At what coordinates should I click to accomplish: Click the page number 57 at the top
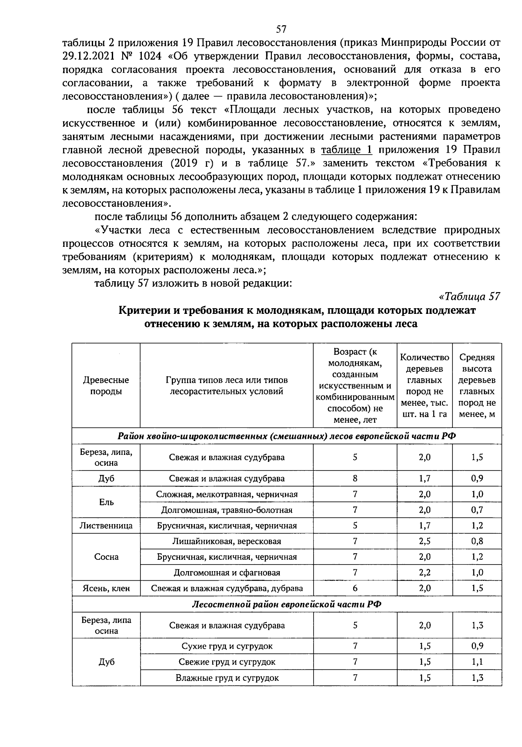click(x=281, y=29)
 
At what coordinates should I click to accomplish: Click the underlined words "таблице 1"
click(x=347, y=150)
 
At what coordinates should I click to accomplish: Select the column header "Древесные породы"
click(x=106, y=386)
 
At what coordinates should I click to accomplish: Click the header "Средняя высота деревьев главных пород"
click(x=477, y=386)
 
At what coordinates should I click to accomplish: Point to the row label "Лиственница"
click(x=106, y=525)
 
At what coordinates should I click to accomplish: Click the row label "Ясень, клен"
click(x=106, y=589)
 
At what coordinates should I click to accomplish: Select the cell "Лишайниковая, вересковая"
click(x=227, y=541)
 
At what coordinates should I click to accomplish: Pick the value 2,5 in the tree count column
click(x=425, y=541)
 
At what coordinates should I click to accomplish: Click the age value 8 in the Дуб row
click(x=355, y=478)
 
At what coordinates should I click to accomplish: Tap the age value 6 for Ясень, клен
click(x=355, y=589)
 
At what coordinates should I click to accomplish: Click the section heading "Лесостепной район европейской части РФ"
click(x=287, y=604)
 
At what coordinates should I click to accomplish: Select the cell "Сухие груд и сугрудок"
click(x=227, y=646)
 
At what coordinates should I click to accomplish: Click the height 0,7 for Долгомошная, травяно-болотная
click(x=477, y=510)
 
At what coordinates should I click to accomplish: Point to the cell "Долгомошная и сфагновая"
click(x=227, y=572)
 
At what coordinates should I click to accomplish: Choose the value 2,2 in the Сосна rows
click(x=425, y=572)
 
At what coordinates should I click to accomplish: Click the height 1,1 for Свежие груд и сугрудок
click(x=477, y=662)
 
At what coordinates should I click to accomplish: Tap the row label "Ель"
click(x=106, y=502)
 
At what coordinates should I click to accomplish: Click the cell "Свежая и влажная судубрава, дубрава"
click(x=227, y=589)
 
